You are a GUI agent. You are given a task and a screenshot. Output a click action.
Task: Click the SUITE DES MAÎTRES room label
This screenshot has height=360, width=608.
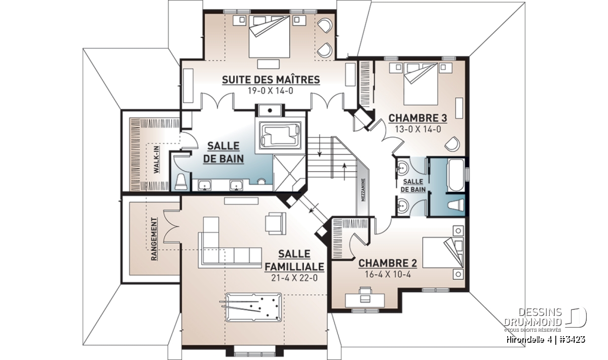(x=271, y=80)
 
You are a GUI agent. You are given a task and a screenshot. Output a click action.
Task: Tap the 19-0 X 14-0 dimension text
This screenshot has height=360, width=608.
(x=271, y=91)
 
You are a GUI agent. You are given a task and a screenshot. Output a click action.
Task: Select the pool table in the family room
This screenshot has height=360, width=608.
(x=253, y=307)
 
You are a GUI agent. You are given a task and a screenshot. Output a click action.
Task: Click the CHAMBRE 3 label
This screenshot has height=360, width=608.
(x=417, y=118)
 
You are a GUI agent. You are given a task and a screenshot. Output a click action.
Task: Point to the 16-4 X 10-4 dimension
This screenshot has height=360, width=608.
(x=388, y=274)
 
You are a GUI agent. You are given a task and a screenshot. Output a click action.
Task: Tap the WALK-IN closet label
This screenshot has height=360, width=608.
(x=157, y=159)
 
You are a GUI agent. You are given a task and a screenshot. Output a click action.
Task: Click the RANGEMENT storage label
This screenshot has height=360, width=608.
(x=154, y=239)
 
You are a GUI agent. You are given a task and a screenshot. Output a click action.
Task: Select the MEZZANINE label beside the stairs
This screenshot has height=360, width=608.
(x=363, y=190)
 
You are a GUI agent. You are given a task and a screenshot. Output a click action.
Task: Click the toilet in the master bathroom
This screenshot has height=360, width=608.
(x=180, y=181)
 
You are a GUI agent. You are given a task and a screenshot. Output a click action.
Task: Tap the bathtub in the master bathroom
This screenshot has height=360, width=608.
(x=280, y=135)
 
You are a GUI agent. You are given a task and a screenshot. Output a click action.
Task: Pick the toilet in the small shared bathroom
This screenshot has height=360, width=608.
(x=456, y=205)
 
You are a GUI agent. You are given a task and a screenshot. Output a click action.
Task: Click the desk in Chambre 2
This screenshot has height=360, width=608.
(x=364, y=300)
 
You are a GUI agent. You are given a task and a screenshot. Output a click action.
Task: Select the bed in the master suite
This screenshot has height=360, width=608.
(x=269, y=36)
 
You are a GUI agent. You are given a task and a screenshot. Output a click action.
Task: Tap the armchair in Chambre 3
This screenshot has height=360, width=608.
(x=452, y=144)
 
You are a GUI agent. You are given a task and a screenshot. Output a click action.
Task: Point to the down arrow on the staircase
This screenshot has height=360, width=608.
(x=320, y=146)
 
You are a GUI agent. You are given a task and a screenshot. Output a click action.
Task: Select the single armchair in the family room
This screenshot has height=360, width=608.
(x=276, y=223)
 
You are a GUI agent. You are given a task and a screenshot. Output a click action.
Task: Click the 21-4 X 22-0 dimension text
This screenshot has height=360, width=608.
(x=294, y=278)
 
